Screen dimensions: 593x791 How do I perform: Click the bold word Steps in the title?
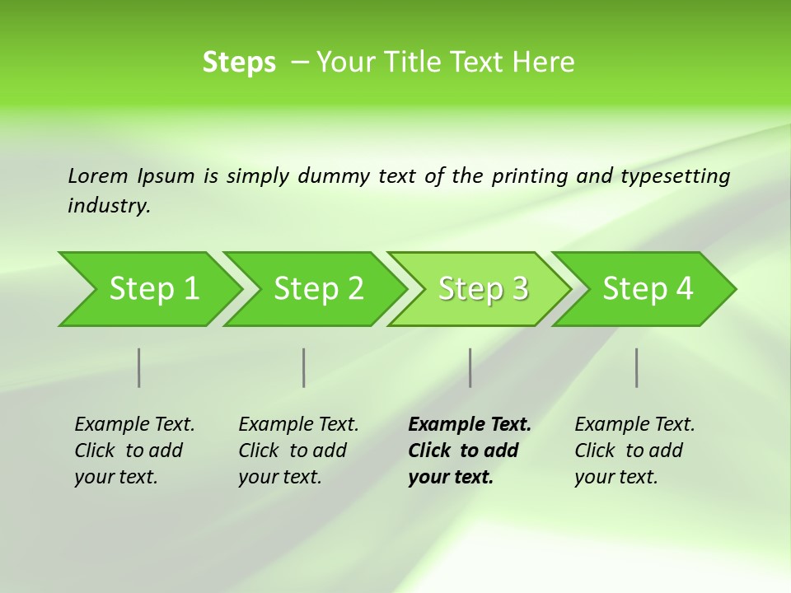(x=239, y=63)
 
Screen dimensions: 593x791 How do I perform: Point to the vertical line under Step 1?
(x=139, y=367)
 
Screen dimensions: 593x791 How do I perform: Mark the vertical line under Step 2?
(x=304, y=367)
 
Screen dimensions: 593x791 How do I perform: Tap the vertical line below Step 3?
(x=470, y=367)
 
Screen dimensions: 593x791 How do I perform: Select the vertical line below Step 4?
(x=637, y=367)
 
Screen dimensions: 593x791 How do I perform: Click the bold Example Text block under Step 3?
(x=469, y=451)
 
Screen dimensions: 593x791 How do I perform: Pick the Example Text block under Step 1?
(x=134, y=451)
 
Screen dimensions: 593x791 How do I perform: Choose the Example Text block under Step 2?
(x=298, y=451)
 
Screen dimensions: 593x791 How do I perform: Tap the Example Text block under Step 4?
(x=634, y=451)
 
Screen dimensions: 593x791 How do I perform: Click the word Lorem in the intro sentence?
(x=98, y=175)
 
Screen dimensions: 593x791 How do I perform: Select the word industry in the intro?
(x=109, y=206)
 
